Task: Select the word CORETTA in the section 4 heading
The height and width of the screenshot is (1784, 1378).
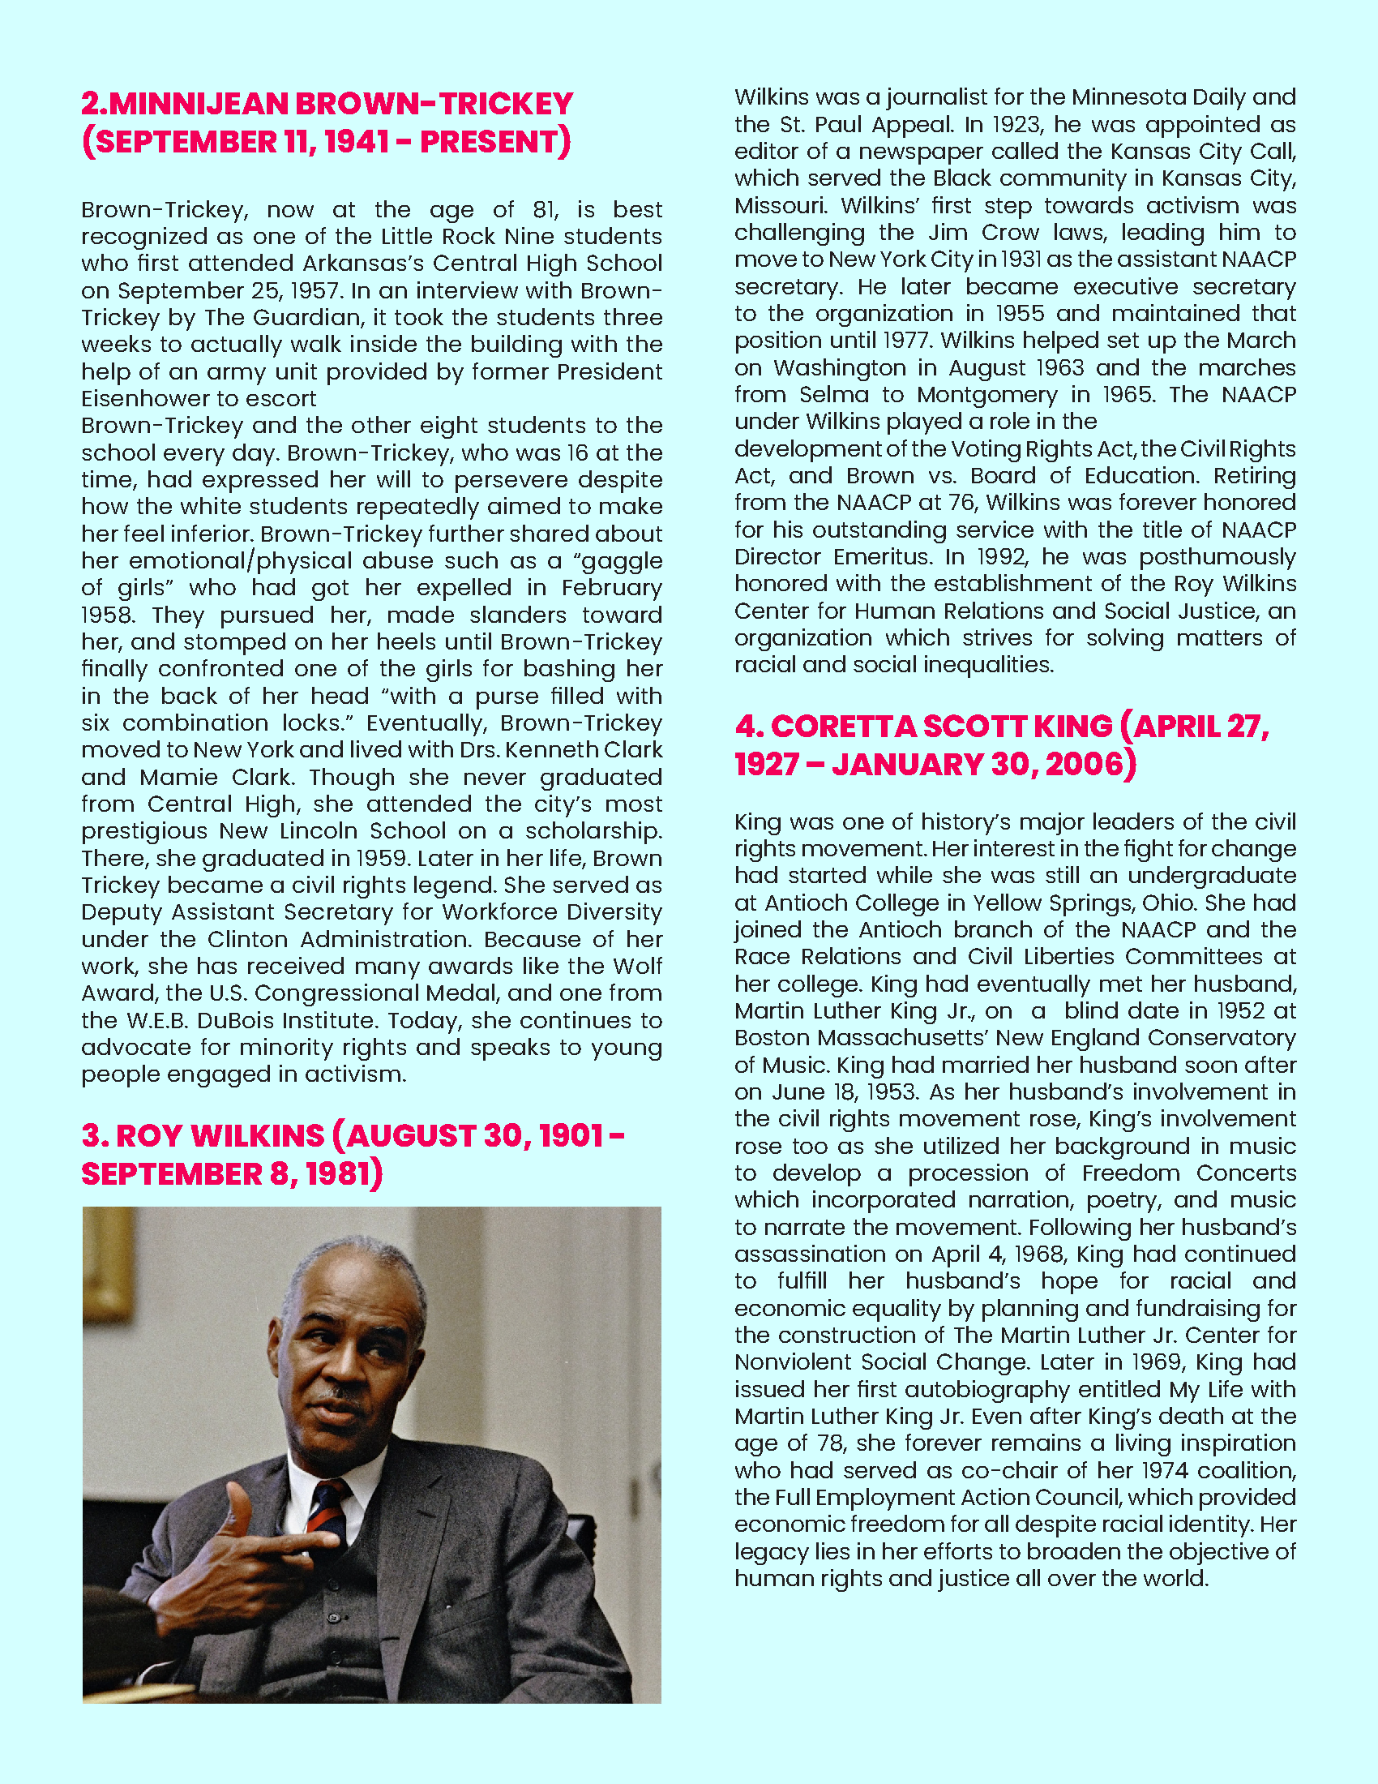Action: tap(846, 727)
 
